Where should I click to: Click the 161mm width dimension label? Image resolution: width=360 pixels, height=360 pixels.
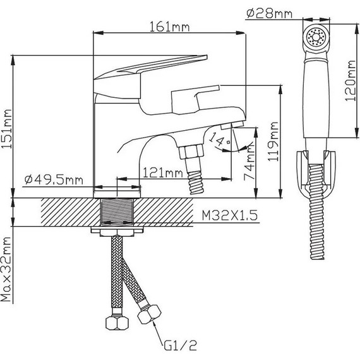point(170,27)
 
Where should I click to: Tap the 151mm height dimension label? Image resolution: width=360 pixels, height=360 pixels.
point(6,129)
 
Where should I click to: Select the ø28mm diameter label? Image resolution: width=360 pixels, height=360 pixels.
point(269,13)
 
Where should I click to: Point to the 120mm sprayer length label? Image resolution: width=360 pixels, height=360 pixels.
point(350,81)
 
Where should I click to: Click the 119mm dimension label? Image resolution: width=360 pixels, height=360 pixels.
point(273,141)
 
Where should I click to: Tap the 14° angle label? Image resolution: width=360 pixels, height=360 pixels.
point(219,139)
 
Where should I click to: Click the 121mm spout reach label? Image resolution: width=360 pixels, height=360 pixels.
point(163,172)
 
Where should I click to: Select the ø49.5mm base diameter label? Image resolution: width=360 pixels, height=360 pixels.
point(54,179)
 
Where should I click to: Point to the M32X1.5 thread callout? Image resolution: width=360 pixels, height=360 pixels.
point(230,215)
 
